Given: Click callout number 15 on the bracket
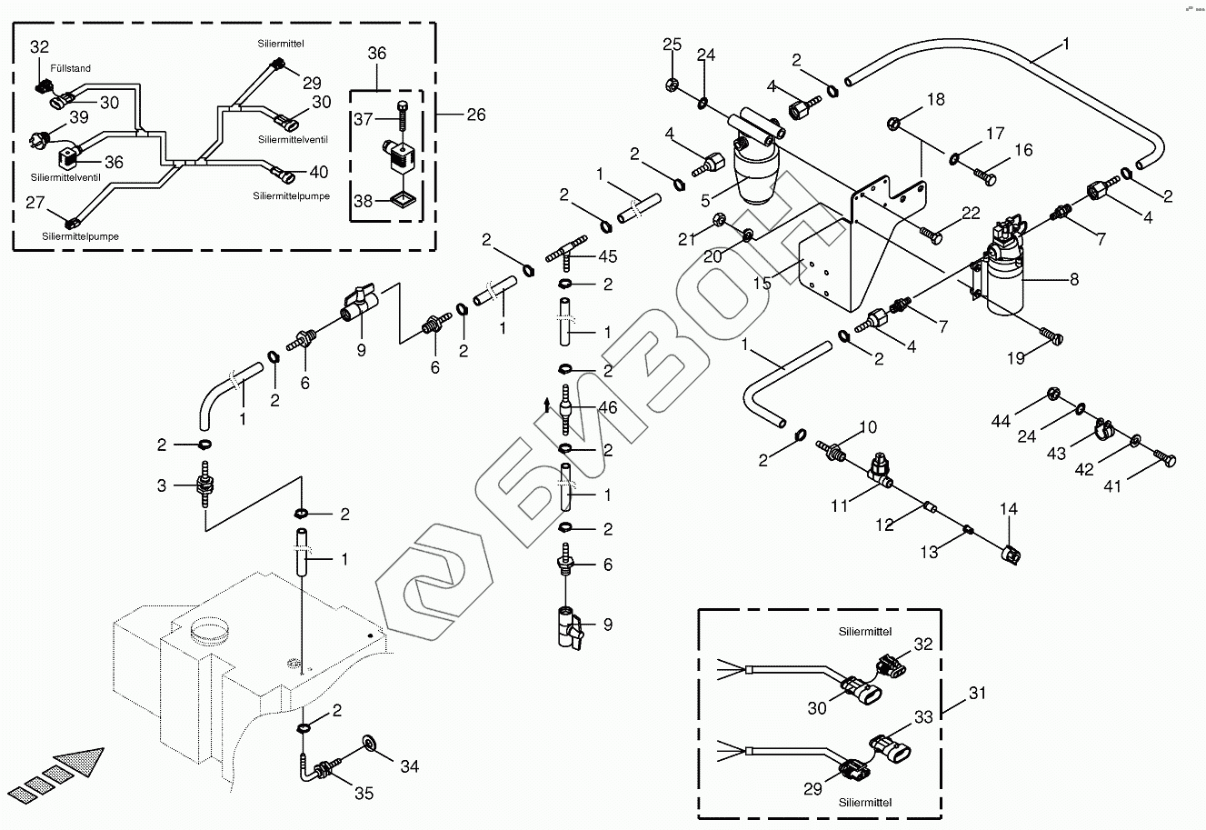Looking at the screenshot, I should [x=762, y=284].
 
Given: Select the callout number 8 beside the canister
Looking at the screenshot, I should [x=1075, y=280].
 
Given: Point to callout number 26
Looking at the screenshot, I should [x=475, y=115].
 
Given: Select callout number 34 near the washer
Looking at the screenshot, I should [x=410, y=766].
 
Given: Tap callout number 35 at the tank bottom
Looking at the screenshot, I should [x=364, y=794].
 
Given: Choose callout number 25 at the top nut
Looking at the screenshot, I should [x=672, y=45].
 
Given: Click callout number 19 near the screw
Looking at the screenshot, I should [x=1015, y=359].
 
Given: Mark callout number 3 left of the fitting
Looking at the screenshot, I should [x=162, y=485].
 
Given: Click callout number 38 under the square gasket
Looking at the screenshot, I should [x=363, y=201].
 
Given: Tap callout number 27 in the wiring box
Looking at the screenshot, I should [x=35, y=204].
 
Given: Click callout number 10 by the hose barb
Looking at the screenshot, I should [x=868, y=426].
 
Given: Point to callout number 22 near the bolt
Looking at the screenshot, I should [x=972, y=213].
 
